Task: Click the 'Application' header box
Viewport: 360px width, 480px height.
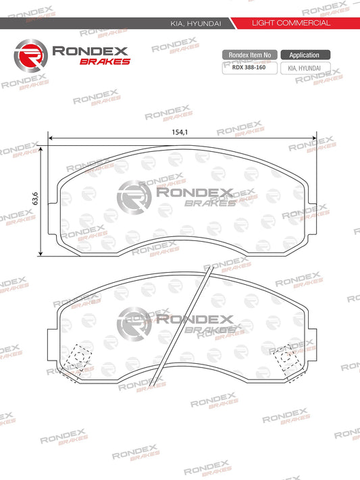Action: pos(305,55)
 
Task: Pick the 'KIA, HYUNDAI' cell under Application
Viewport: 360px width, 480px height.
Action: pos(305,68)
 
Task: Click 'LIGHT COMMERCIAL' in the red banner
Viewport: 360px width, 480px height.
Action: pos(290,23)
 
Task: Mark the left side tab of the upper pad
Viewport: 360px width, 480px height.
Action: pos(55,203)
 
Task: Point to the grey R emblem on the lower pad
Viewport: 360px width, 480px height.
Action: pos(133,324)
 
